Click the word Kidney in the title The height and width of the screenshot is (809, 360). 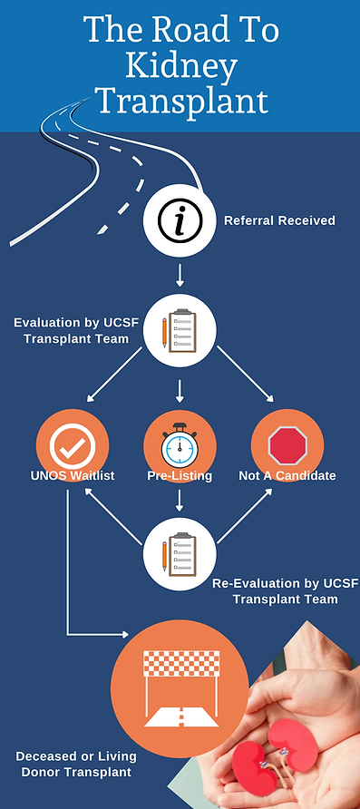coord(180,66)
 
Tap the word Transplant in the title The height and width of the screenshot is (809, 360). coord(180,101)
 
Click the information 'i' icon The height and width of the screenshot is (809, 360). coord(180,219)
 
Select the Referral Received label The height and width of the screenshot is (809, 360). coord(279,219)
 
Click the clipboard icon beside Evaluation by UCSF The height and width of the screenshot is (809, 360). coord(180,331)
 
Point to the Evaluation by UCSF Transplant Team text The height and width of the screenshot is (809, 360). coord(72,329)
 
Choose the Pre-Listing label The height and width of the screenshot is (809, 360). coord(180,476)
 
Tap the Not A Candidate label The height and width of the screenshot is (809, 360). coord(287,476)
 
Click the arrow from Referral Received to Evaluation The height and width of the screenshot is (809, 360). coord(180,274)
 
